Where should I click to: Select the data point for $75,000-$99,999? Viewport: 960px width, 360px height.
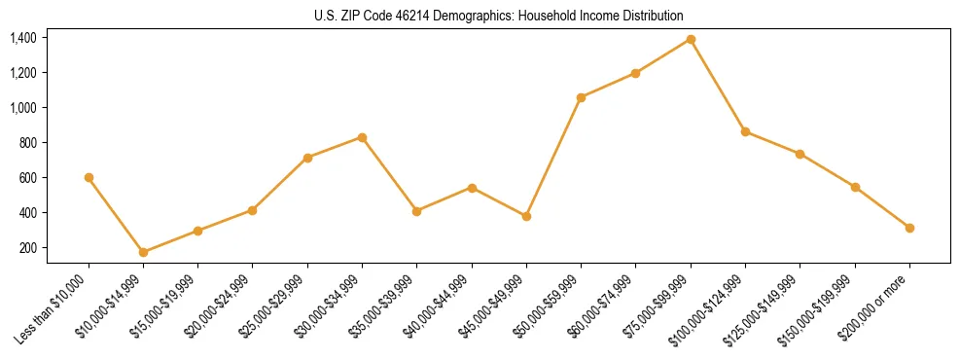[691, 39]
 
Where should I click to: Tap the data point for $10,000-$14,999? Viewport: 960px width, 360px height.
[143, 252]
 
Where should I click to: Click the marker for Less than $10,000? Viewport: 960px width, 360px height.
[89, 177]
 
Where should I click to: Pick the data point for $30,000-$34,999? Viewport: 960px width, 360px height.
[362, 137]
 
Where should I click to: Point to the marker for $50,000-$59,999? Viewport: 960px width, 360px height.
[581, 97]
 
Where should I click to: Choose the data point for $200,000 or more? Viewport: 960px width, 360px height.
[909, 228]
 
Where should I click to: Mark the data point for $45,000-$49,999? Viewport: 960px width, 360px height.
[526, 216]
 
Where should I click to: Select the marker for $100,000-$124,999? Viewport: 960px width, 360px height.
[745, 131]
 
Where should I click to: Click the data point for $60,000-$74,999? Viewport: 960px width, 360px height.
[635, 73]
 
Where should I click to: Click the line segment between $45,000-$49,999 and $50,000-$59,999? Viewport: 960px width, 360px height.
[553, 157]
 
